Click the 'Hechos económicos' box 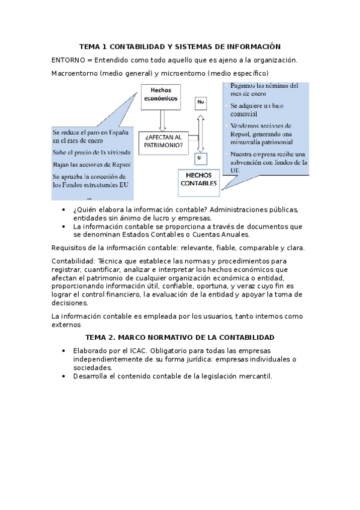(160, 94)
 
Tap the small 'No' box (201, 104)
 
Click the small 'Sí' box (201, 158)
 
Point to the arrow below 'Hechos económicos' (161, 119)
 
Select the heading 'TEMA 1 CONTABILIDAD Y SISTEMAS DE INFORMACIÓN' (180, 47)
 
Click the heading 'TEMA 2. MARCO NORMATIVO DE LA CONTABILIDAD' (180, 337)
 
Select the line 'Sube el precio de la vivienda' (91, 152)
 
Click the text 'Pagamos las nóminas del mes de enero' (263, 90)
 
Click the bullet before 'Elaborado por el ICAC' (64, 351)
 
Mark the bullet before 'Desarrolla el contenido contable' (64, 376)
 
